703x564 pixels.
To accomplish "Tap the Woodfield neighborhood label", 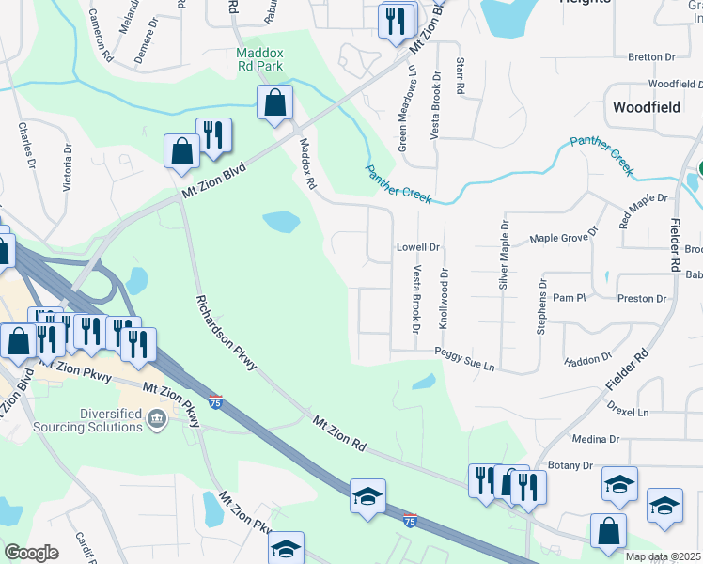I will point(646,107).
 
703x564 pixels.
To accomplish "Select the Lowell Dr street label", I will point(417,247).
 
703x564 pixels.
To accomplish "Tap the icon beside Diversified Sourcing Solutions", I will point(157,418).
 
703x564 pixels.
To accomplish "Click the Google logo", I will point(31,552).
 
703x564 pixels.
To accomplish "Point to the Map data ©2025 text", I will point(663,556).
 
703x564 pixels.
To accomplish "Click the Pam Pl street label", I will point(569,297).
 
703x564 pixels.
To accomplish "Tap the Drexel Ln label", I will point(628,412).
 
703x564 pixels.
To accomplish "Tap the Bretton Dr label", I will point(645,57).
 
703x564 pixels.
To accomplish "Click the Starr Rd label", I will point(460,76).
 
